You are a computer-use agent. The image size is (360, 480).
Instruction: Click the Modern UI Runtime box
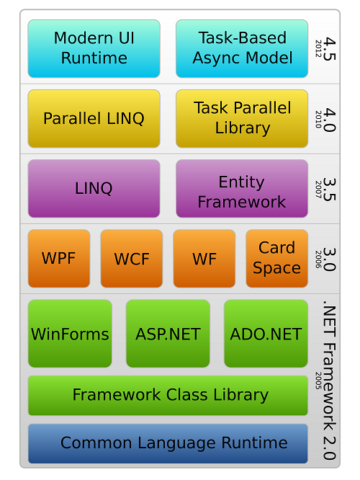click(94, 49)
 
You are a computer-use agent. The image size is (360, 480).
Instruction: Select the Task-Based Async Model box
click(242, 49)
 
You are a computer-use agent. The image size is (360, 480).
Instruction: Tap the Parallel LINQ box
click(94, 118)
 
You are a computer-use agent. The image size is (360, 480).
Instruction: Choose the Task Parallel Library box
click(242, 118)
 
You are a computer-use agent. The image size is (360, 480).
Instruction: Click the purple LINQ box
click(94, 188)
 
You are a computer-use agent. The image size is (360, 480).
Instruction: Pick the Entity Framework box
click(242, 188)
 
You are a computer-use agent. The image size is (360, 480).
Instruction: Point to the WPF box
click(59, 258)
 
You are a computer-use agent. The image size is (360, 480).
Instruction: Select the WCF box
click(132, 258)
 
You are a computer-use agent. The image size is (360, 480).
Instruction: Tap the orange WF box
click(204, 258)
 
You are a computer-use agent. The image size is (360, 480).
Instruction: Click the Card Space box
click(276, 258)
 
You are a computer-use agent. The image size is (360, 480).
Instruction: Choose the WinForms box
click(70, 334)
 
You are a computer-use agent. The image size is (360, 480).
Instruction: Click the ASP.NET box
click(168, 334)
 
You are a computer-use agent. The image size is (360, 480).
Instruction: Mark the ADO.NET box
click(266, 334)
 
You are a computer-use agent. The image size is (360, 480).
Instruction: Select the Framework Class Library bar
click(168, 396)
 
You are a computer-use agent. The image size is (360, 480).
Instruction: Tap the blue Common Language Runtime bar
click(168, 443)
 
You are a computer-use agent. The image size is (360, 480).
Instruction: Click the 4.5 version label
click(330, 49)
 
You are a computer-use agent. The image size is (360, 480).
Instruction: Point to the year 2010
click(318, 120)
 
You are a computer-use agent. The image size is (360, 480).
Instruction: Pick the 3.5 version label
click(330, 189)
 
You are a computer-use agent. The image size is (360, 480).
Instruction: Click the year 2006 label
click(318, 259)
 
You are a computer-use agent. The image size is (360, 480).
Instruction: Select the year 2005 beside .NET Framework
click(318, 381)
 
